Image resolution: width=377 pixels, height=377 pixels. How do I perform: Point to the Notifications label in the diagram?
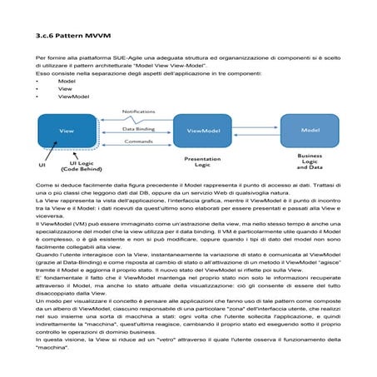tap(139, 112)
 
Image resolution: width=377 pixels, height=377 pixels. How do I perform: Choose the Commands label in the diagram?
tap(138, 142)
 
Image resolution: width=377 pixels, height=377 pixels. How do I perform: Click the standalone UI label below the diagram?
tap(42, 166)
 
